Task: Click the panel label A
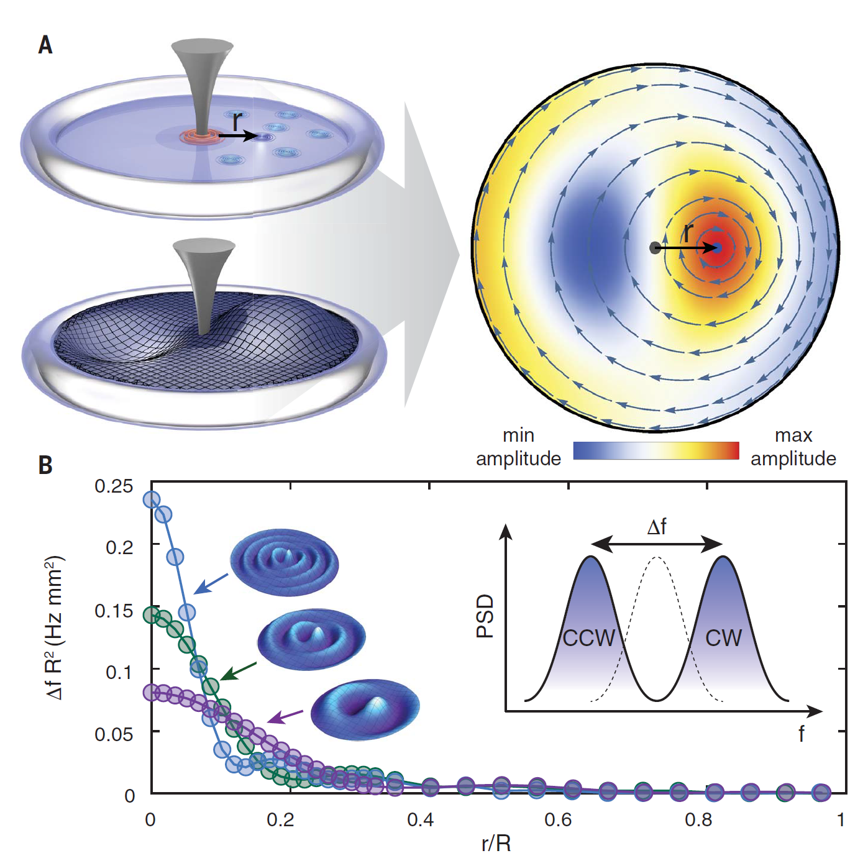click(x=45, y=45)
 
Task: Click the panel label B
click(x=45, y=465)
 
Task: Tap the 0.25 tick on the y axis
click(x=114, y=486)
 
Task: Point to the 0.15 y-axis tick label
click(x=114, y=611)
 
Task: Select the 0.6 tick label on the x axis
click(x=558, y=820)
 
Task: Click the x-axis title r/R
click(x=496, y=844)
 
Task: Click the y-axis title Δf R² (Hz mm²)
click(x=55, y=627)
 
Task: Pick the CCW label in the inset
click(x=588, y=638)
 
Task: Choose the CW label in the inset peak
click(x=723, y=638)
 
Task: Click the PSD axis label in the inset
click(x=485, y=616)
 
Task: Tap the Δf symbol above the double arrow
click(x=657, y=527)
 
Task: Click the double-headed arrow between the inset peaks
click(x=657, y=545)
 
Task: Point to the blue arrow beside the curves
click(x=211, y=583)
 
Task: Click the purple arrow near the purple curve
click(x=285, y=717)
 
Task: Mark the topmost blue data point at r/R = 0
click(x=152, y=499)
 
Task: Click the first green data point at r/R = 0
click(x=152, y=615)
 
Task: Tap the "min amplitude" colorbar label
click(x=518, y=447)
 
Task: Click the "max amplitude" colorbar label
click(x=793, y=447)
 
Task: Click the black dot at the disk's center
click(x=654, y=248)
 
